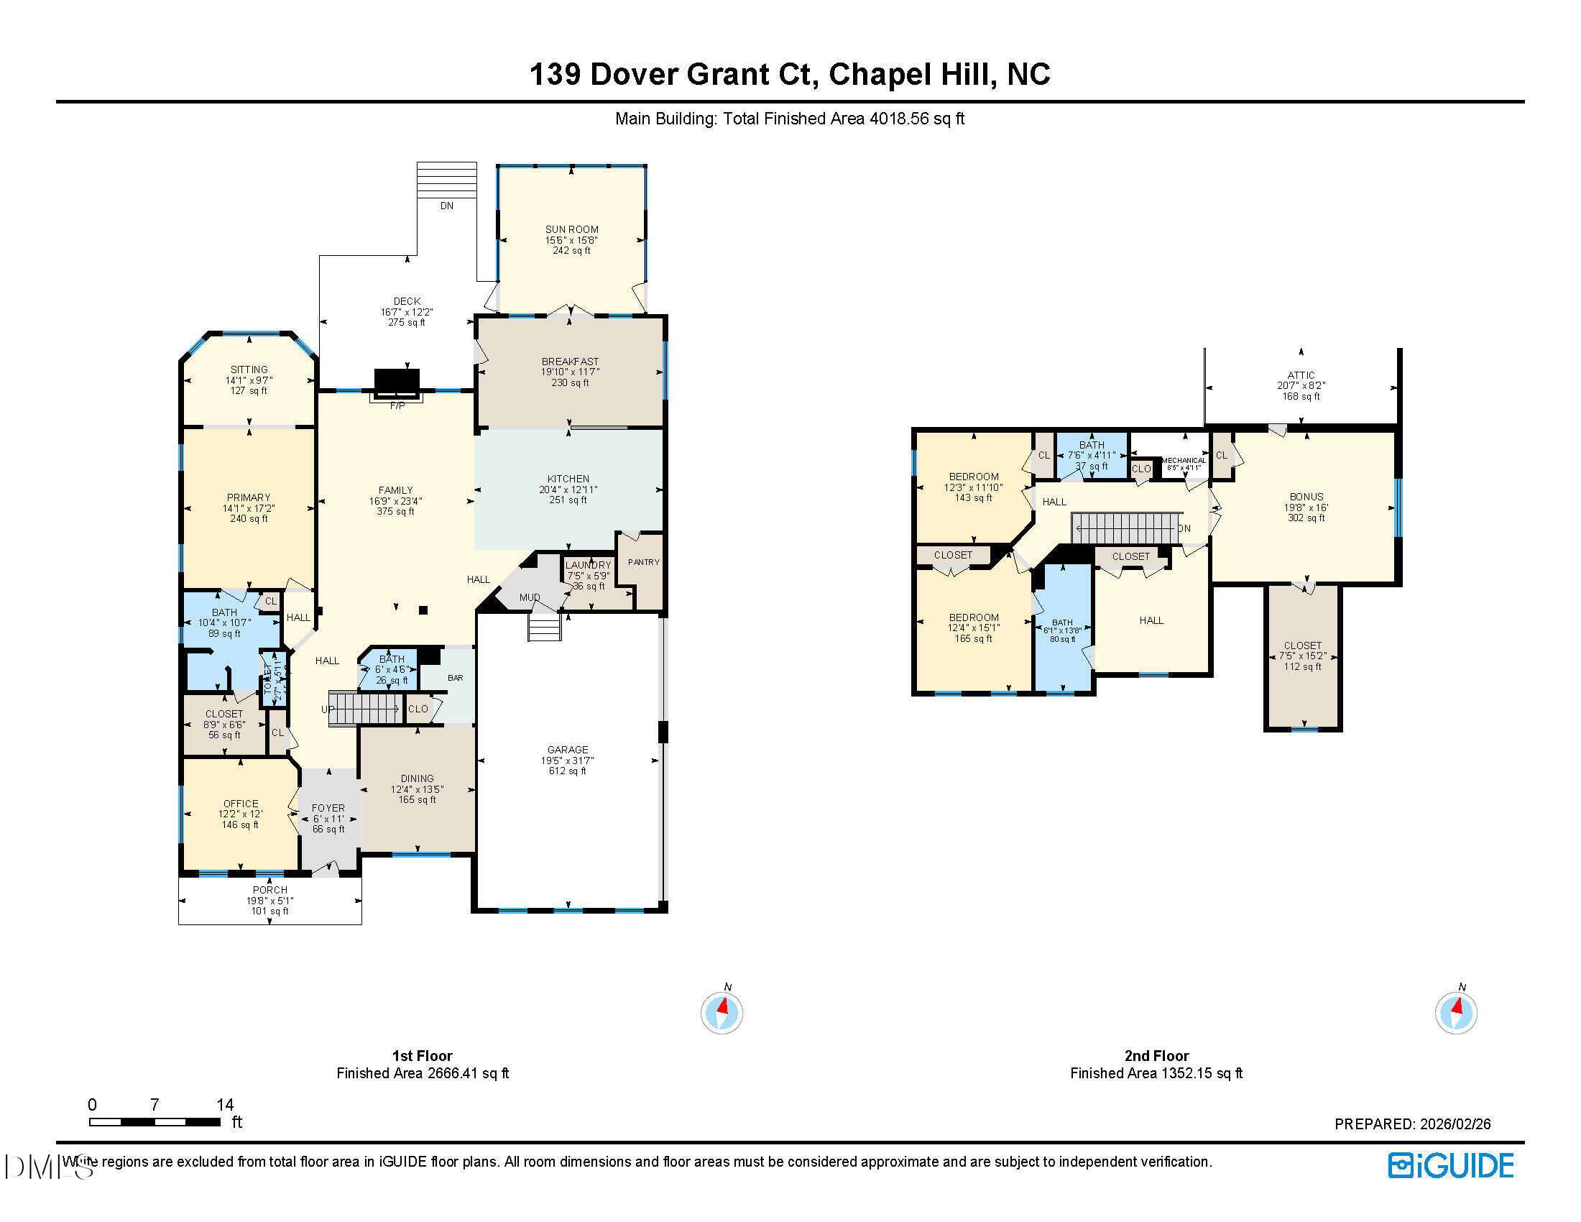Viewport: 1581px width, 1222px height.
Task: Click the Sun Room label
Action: (x=571, y=229)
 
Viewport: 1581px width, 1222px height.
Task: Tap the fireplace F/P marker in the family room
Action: (x=397, y=406)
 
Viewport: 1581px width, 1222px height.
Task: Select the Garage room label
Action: (x=568, y=749)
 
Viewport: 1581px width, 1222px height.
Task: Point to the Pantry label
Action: (x=644, y=562)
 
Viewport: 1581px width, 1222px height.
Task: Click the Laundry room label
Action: (x=588, y=566)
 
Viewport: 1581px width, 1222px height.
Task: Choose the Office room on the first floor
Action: (x=240, y=804)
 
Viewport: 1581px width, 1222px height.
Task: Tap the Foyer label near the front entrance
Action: (x=328, y=808)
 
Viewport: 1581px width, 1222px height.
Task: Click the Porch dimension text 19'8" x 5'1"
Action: (x=269, y=901)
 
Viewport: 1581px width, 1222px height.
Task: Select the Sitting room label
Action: (x=249, y=369)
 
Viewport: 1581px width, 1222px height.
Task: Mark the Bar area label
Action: (x=456, y=679)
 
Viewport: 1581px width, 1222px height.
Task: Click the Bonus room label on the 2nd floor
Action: (x=1306, y=497)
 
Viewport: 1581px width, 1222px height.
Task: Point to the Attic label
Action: (x=1301, y=375)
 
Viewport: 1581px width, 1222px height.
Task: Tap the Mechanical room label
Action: (x=1184, y=461)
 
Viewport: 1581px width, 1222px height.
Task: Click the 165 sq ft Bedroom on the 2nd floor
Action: (x=973, y=618)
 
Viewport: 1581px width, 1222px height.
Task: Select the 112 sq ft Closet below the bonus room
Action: (x=1302, y=646)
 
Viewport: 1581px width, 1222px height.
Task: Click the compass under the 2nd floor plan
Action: (x=1456, y=1012)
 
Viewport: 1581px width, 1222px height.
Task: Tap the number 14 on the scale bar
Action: (x=225, y=1105)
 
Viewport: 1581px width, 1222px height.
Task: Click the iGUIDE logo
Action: (x=1451, y=1165)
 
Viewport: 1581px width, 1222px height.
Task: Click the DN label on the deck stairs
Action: (x=447, y=206)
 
